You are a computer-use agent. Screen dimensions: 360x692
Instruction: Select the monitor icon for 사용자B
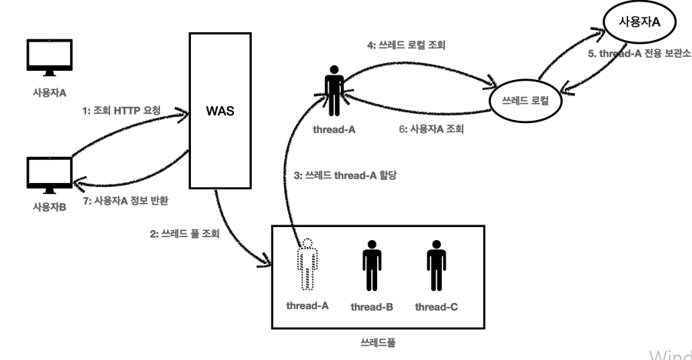coord(48,175)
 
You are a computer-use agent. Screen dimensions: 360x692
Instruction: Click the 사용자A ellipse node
coord(639,22)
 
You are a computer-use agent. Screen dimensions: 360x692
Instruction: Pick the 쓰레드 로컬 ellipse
coord(525,100)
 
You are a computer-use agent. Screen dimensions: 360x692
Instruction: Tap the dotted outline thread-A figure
coord(308,265)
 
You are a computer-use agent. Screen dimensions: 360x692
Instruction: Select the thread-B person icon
coord(372,265)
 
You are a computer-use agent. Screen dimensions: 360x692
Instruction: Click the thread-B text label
coord(373,307)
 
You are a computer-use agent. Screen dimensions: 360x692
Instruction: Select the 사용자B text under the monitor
coord(48,208)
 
